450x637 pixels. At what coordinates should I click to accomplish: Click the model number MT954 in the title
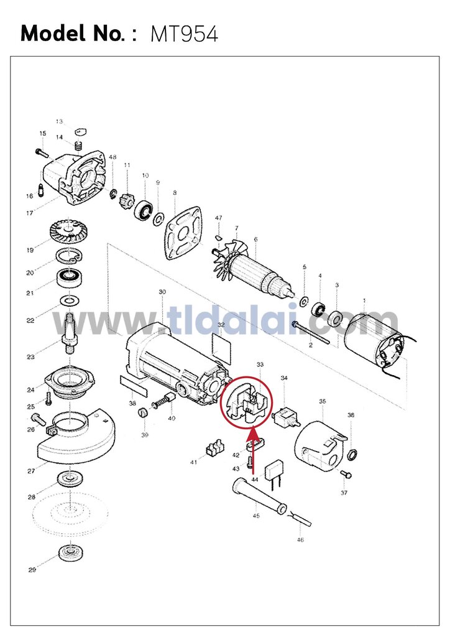pyautogui.click(x=185, y=34)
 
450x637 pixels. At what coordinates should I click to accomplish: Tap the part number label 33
pyautogui.click(x=260, y=364)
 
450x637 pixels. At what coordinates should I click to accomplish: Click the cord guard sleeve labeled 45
pyautogui.click(x=257, y=495)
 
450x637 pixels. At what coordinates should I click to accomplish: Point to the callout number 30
pyautogui.click(x=162, y=292)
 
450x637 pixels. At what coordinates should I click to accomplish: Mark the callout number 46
pyautogui.click(x=300, y=540)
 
